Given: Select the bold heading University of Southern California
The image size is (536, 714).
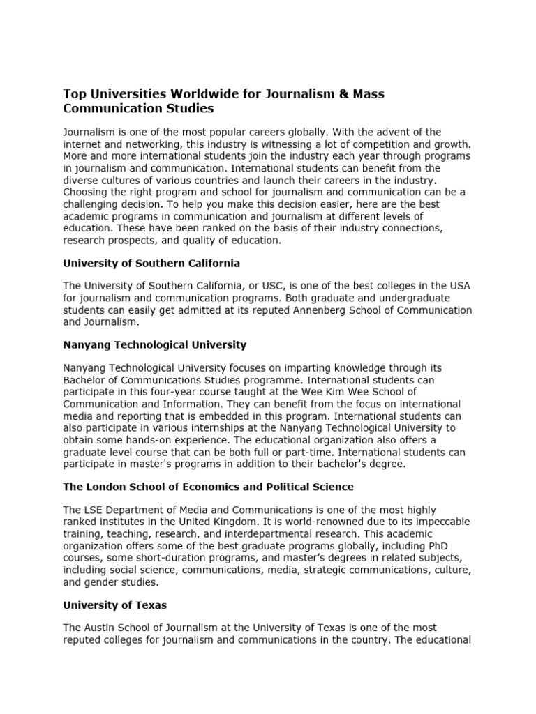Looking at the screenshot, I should (151, 263).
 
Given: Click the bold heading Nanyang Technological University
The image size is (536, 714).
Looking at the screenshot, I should (154, 344).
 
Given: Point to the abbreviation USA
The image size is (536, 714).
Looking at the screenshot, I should (458, 287).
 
